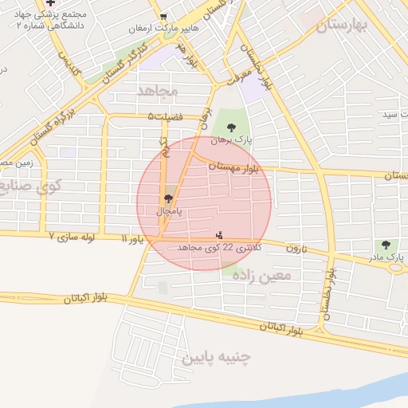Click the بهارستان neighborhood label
click(343, 25)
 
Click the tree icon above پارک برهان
click(231, 127)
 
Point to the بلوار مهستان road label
click(237, 167)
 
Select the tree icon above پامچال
click(168, 198)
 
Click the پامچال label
click(168, 212)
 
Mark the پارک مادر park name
click(388, 258)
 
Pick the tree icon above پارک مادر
click(386, 245)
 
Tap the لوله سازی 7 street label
click(76, 237)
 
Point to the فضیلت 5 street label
click(165, 116)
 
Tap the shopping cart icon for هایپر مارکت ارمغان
click(163, 17)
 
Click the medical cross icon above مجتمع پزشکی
click(51, 3)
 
